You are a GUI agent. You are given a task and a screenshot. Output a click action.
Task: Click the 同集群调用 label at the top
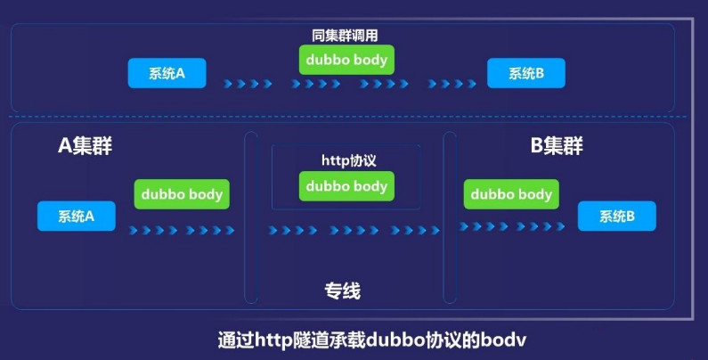[x=347, y=36]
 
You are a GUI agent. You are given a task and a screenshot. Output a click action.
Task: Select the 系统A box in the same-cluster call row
[x=167, y=73]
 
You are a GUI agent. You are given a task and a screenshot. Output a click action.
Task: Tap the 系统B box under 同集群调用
[x=526, y=73]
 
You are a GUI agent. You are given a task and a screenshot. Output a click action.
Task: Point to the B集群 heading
[x=557, y=146]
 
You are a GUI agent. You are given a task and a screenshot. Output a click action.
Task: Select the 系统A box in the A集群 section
[x=77, y=216]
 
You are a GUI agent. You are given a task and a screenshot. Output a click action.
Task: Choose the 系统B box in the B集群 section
[x=616, y=216]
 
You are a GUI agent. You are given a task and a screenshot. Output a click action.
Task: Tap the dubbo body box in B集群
[x=511, y=193]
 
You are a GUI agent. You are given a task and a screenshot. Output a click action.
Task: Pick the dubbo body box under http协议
[x=346, y=186]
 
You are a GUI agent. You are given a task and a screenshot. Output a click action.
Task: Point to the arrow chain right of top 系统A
[x=248, y=84]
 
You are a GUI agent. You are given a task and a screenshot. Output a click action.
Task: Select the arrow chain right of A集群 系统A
[x=181, y=230]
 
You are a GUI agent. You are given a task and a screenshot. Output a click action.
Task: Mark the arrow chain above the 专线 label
[x=354, y=230]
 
